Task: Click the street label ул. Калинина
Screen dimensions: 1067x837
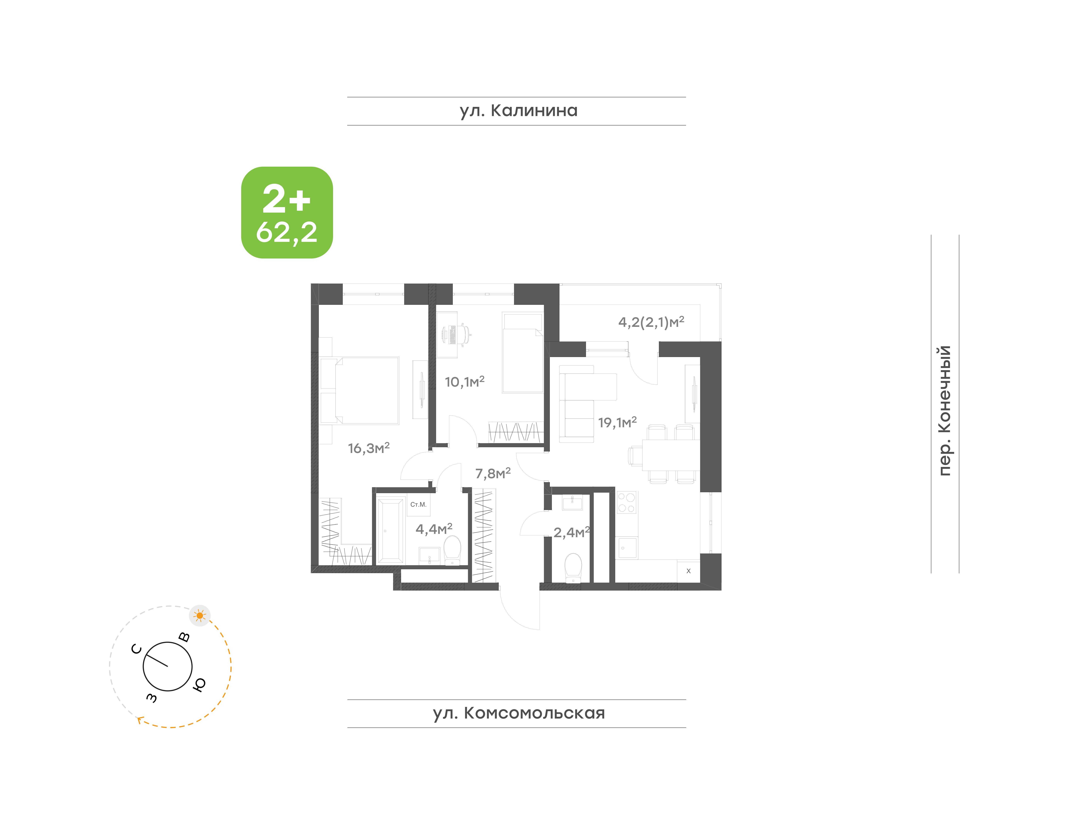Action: [518, 111]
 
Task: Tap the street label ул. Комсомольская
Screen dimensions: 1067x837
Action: [518, 713]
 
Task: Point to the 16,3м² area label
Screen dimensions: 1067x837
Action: [369, 448]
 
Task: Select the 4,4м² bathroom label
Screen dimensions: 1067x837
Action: [434, 529]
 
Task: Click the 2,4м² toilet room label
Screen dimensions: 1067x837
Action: [571, 532]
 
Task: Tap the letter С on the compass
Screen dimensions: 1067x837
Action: [137, 649]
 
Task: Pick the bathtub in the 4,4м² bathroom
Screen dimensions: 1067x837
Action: [390, 531]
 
